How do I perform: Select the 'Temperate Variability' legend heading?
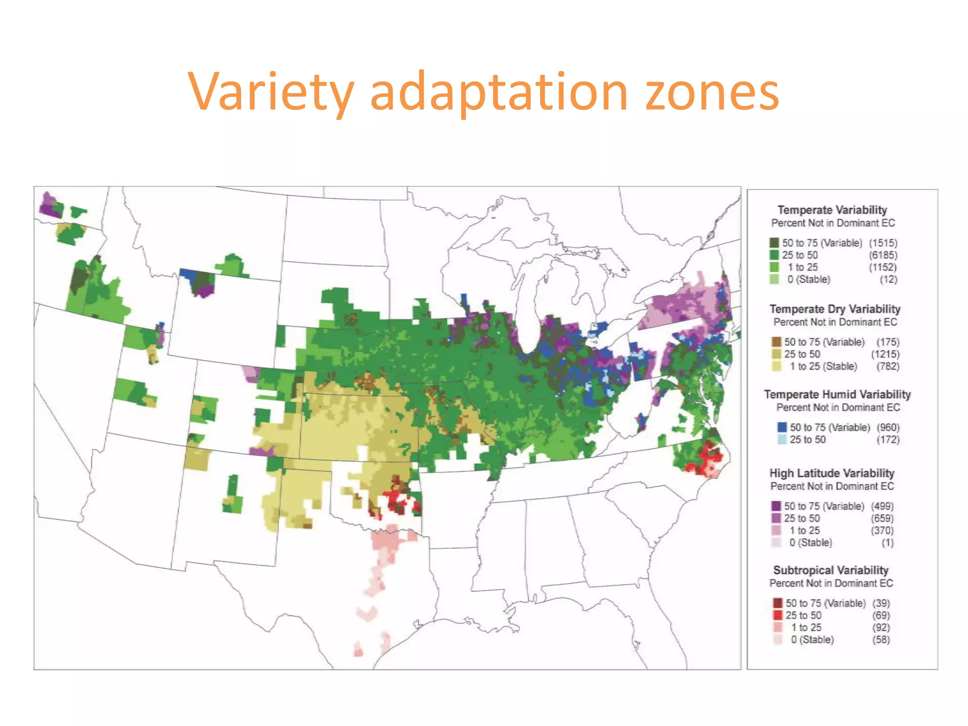832,210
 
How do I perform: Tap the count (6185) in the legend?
883,255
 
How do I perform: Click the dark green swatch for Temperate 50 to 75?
774,243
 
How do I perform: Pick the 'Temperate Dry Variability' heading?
835,309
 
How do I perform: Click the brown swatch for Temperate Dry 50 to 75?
776,342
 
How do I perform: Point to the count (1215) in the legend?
885,354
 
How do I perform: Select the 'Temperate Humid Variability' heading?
837,395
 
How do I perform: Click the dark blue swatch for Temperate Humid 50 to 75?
782,427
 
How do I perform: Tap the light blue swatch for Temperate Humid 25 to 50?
782,440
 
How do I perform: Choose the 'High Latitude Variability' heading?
832,473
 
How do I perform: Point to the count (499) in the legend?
882,506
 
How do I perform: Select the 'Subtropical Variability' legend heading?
830,570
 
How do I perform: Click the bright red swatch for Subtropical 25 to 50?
778,615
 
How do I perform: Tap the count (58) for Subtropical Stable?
881,640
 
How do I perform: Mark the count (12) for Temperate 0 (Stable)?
888,279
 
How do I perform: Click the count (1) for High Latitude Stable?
887,543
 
